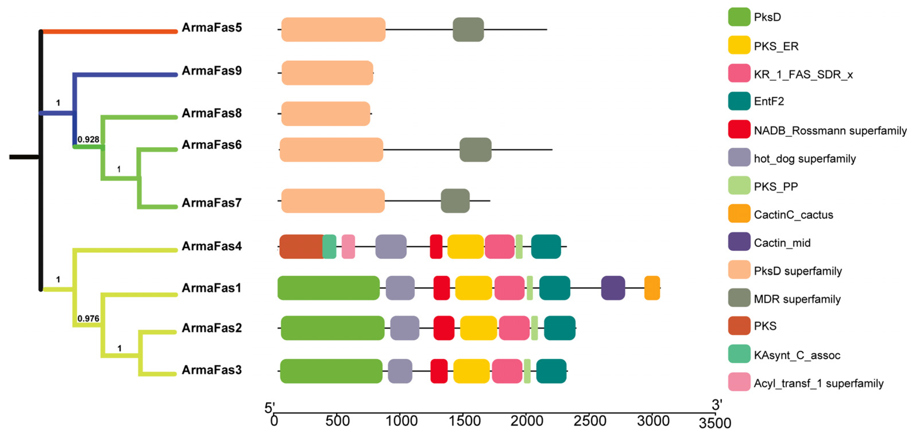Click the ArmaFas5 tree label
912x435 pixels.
coord(212,28)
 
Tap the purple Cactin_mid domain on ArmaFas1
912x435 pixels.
coord(613,288)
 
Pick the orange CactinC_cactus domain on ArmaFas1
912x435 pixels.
coord(652,288)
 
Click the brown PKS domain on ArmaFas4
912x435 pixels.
coord(302,246)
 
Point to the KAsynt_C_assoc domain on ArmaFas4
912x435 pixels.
coord(329,246)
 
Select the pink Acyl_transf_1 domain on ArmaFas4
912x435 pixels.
coord(348,246)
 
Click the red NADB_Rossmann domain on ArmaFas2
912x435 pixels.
coord(444,328)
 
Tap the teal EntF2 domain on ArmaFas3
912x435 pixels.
coord(551,371)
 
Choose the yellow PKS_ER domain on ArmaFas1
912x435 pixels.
coord(474,288)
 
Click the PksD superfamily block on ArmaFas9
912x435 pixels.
coord(328,73)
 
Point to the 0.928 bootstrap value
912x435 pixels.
coord(88,139)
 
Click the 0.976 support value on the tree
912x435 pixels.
coord(88,319)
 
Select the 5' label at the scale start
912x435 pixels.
coord(270,408)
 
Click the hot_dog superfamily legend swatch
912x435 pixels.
coord(739,157)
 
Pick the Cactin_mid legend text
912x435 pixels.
coord(782,243)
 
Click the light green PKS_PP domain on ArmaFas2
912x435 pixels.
coord(535,328)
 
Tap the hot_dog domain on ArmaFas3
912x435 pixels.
coord(400,371)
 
